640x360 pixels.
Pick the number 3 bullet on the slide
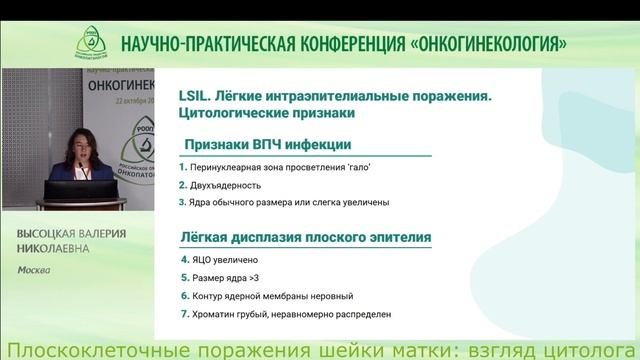point(182,203)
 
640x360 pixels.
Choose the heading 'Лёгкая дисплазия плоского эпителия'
point(305,238)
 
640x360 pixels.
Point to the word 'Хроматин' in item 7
point(215,315)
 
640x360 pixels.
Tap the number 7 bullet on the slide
point(182,315)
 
